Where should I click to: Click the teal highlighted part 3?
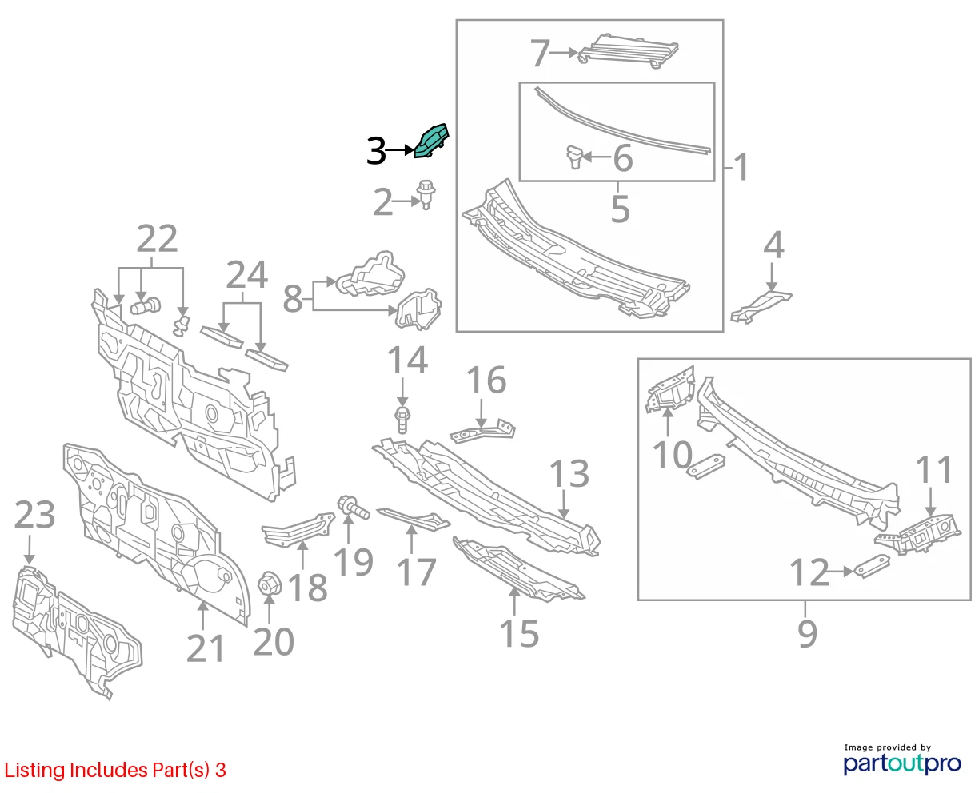point(430,141)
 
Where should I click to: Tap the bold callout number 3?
point(376,151)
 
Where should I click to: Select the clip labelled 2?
point(426,194)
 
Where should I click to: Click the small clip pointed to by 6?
point(574,157)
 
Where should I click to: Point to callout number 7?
point(540,53)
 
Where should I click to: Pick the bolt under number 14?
point(402,419)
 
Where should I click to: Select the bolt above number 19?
point(353,508)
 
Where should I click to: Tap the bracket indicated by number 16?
point(482,431)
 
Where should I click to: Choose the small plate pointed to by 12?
point(872,566)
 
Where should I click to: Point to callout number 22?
point(157,238)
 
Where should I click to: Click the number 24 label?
point(247,275)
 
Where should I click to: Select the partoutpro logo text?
point(902,763)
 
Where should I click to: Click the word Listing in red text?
point(34,770)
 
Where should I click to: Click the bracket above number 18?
point(298,531)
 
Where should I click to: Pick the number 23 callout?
point(35,514)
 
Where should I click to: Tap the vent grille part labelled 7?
point(628,51)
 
